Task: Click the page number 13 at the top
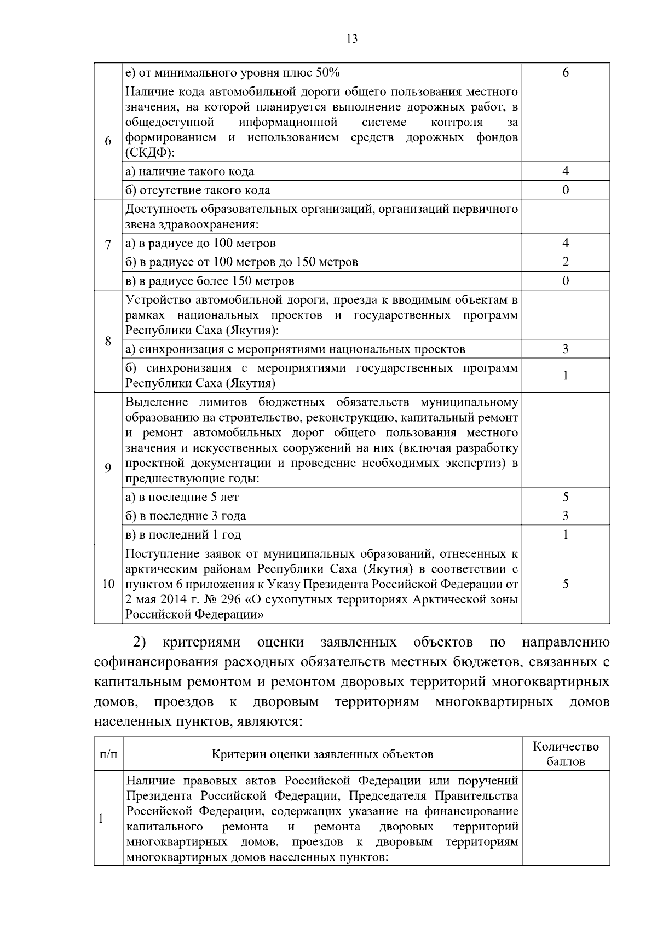click(352, 38)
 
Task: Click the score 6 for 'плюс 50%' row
click(566, 73)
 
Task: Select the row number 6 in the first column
click(108, 140)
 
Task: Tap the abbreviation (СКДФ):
click(149, 152)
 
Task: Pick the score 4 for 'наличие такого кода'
click(566, 171)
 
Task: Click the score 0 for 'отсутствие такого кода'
click(566, 190)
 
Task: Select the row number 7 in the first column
click(108, 244)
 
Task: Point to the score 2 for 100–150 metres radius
click(566, 262)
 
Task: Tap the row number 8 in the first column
click(108, 341)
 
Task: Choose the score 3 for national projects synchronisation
click(566, 349)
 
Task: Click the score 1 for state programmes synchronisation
click(566, 375)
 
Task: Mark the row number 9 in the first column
click(108, 468)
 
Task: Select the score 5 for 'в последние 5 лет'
click(566, 497)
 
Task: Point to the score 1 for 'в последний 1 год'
click(566, 534)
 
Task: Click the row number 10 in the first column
click(108, 584)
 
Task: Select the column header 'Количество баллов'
click(566, 754)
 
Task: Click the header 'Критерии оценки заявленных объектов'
click(322, 754)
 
